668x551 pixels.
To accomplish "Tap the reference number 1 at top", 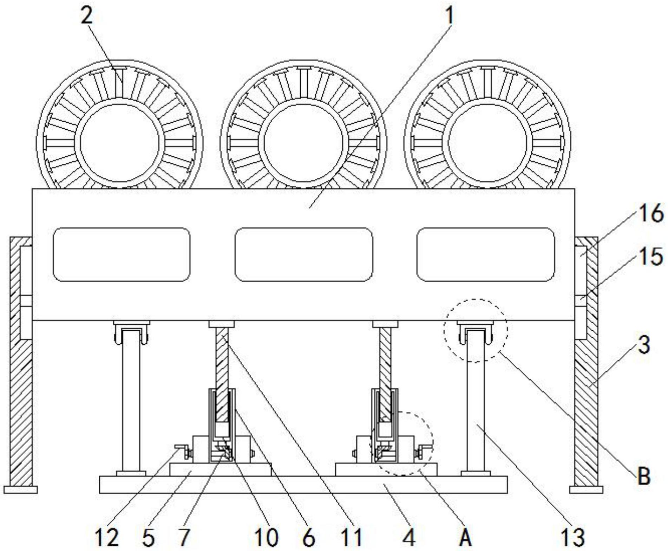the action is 450,16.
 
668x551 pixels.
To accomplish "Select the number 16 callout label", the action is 651,214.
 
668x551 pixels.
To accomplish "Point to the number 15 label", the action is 651,257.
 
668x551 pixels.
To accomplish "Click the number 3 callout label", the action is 643,345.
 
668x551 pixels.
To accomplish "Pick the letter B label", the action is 643,477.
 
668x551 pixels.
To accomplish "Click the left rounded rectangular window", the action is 122,254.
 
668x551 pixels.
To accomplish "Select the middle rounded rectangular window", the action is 304,254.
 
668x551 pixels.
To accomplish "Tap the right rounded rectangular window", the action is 486,254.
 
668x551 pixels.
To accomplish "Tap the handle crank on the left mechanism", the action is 182,450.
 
